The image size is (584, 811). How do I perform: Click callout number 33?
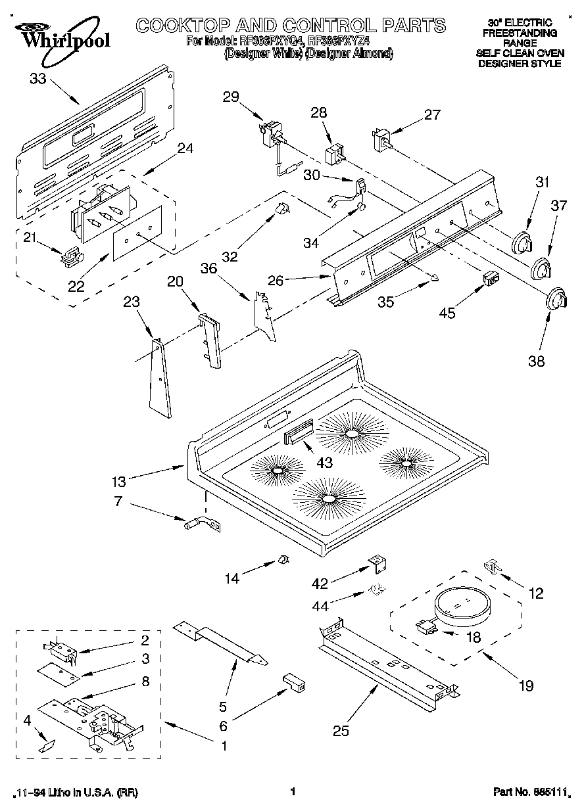pyautogui.click(x=38, y=80)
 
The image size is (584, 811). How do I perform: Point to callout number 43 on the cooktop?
pyautogui.click(x=324, y=463)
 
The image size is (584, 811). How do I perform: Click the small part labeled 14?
pyautogui.click(x=282, y=559)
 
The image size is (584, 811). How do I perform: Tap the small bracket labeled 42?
pyautogui.click(x=377, y=563)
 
